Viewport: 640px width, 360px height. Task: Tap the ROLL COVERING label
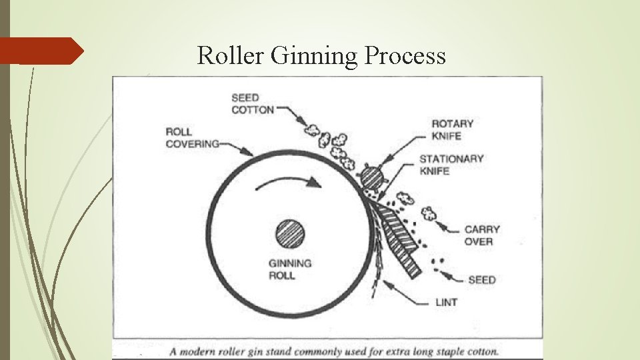tap(192, 137)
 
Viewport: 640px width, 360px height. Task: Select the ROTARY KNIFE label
tap(452, 129)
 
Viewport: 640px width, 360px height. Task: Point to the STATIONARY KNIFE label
tap(451, 165)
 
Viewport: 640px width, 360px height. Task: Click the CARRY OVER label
tap(482, 235)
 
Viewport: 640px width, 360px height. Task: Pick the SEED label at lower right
tap(481, 279)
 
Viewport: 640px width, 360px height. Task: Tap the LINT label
tap(445, 303)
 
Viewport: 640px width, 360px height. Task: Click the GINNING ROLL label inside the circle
tap(290, 269)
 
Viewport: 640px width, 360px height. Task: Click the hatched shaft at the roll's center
tap(290, 234)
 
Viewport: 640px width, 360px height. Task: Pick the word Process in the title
tap(405, 57)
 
